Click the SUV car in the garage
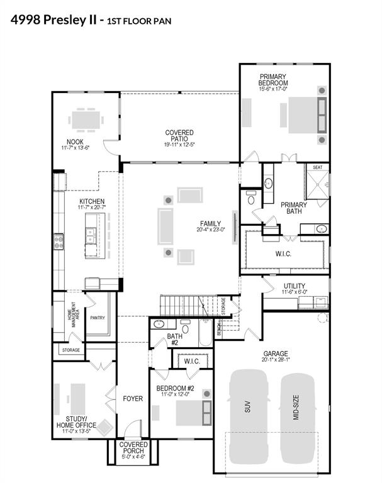click(248, 417)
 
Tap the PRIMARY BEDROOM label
click(273, 79)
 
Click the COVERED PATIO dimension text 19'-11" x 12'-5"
click(179, 145)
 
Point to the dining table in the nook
click(86, 120)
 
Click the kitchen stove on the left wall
click(59, 241)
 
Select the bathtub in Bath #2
click(205, 333)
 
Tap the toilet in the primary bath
click(251, 197)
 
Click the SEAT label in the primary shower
click(317, 167)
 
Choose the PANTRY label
click(98, 318)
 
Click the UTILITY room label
click(295, 286)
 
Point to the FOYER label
click(133, 399)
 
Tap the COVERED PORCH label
click(133, 448)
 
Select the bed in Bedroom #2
click(194, 413)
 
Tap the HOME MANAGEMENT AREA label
click(73, 314)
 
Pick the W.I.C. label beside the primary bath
click(283, 254)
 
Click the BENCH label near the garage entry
click(219, 329)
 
